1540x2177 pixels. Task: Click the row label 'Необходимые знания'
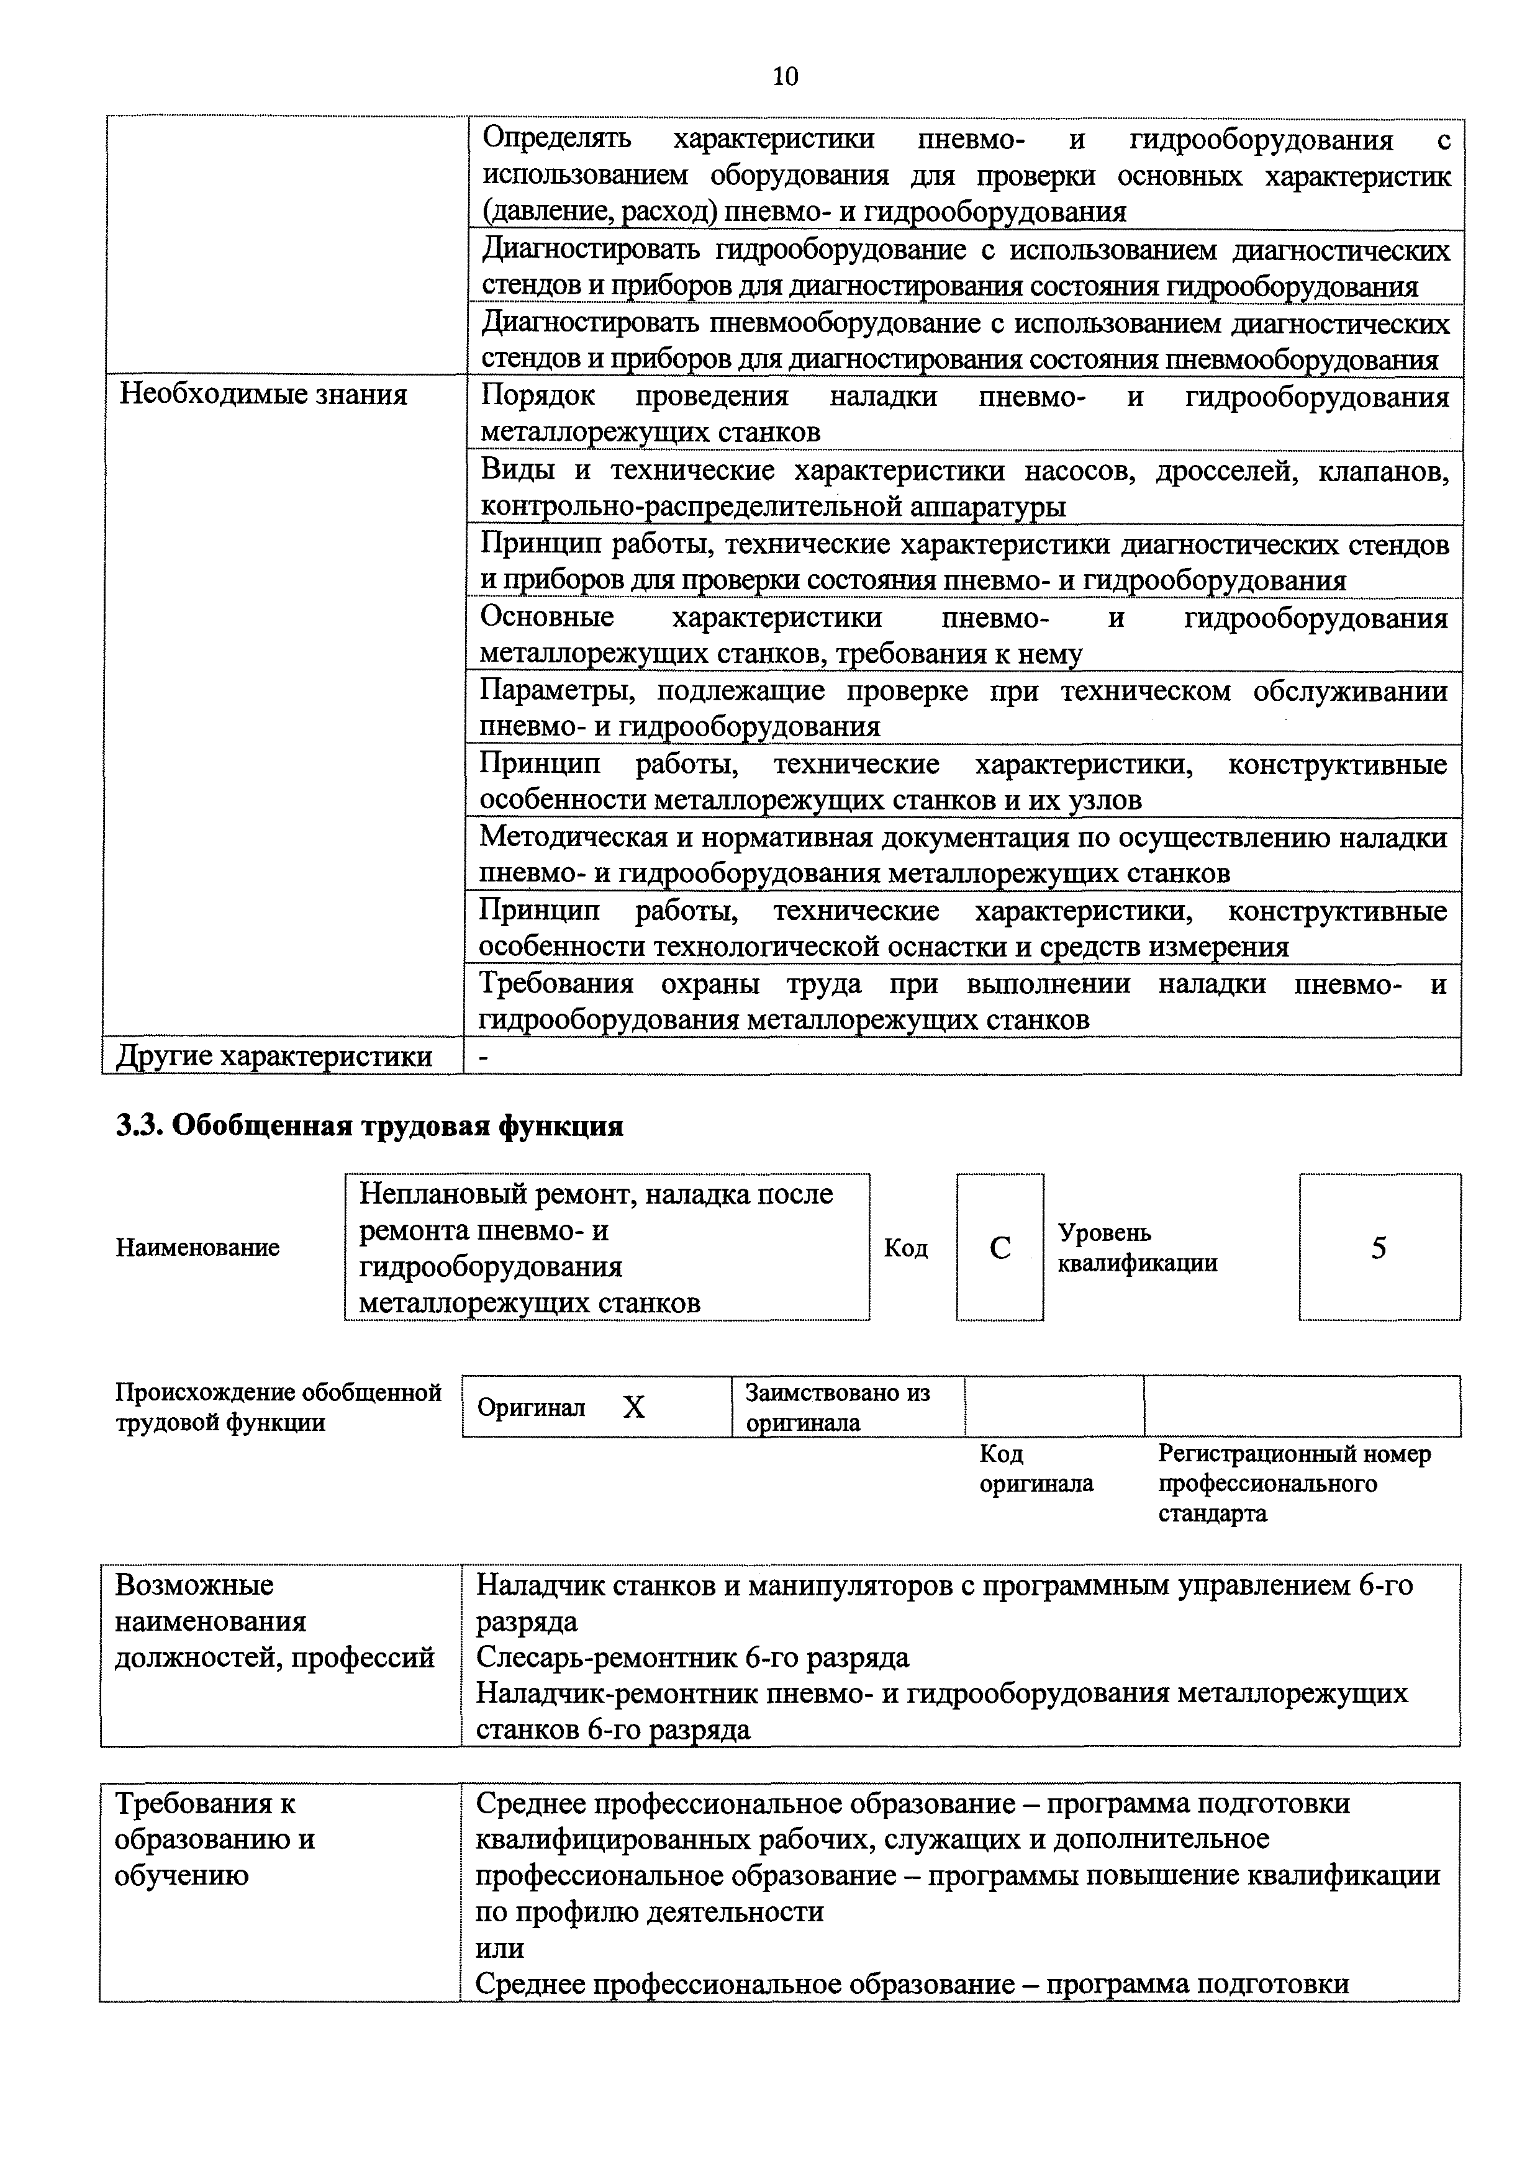click(x=264, y=394)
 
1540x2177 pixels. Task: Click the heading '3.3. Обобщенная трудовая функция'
click(x=370, y=1125)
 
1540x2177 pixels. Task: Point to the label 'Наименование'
click(x=197, y=1248)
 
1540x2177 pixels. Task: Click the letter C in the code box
click(x=1000, y=1248)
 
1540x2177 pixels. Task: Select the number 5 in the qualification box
click(x=1379, y=1248)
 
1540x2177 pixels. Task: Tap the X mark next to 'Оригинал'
click(x=633, y=1408)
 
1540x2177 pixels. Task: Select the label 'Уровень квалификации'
click(x=1137, y=1248)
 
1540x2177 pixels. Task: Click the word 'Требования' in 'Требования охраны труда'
click(x=556, y=984)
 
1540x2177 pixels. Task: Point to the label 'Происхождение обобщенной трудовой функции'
click(x=278, y=1407)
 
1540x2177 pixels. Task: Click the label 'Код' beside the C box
click(x=905, y=1248)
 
